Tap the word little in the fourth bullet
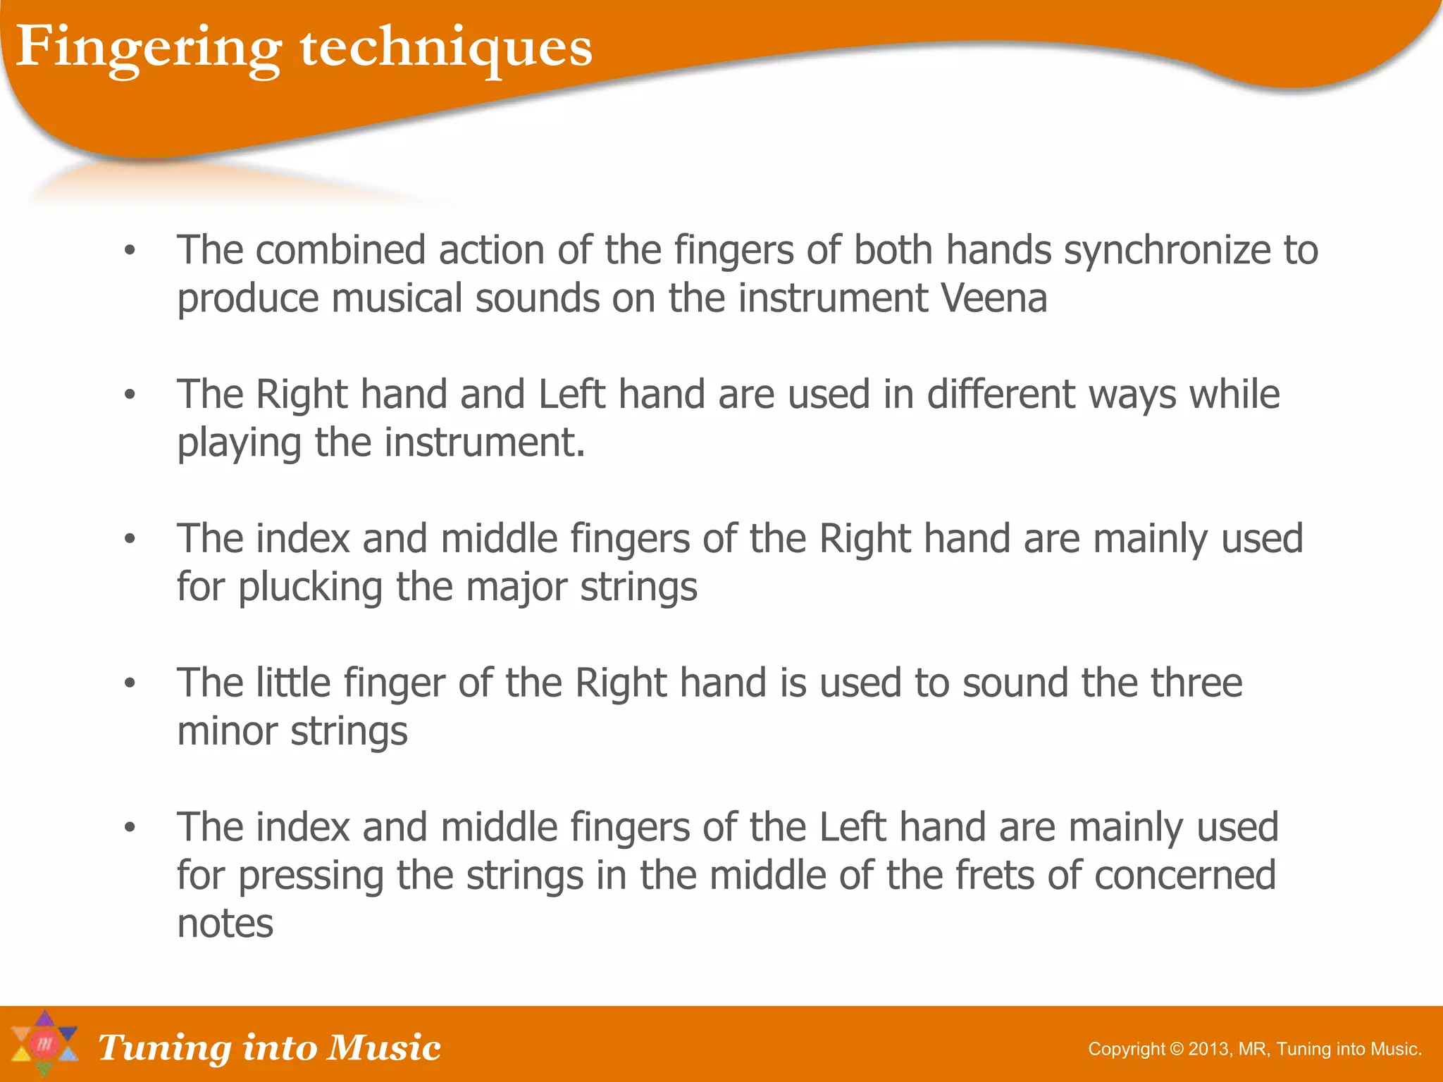(292, 683)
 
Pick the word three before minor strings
(1196, 683)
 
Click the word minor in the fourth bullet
(228, 731)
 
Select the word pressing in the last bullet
(310, 876)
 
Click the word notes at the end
(225, 924)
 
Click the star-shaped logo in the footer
(44, 1044)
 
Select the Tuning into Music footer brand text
(269, 1047)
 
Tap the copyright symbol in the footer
(1177, 1049)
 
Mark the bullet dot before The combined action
(129, 251)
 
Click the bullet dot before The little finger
(129, 683)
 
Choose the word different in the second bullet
(1001, 394)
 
